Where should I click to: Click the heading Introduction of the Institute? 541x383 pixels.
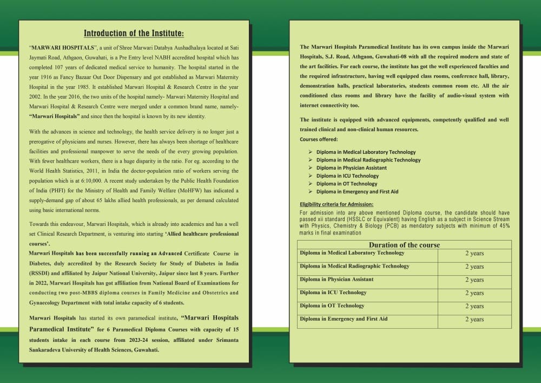pyautogui.click(x=134, y=34)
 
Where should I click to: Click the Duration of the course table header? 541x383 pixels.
pyautogui.click(x=404, y=245)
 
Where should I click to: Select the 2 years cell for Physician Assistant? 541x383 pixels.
pyautogui.click(x=474, y=280)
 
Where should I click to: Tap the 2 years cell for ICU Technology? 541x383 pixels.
pyautogui.click(x=474, y=293)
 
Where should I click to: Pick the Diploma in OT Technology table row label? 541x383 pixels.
pyautogui.click(x=332, y=306)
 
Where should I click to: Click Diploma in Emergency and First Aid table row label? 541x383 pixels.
pyautogui.click(x=344, y=319)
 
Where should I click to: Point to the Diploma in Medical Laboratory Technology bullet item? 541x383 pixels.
pyautogui.click(x=366, y=152)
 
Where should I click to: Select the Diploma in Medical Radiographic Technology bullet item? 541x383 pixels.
pyautogui.click(x=368, y=160)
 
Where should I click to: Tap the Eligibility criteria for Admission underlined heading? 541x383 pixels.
pyautogui.click(x=336, y=204)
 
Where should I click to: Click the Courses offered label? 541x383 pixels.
pyautogui.click(x=319, y=139)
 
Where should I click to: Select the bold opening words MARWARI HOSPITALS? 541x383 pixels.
pyautogui.click(x=58, y=48)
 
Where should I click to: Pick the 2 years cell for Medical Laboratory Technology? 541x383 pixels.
pyautogui.click(x=474, y=254)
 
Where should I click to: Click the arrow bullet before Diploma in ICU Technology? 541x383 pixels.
pyautogui.click(x=310, y=176)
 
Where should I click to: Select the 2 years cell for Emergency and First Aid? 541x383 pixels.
pyautogui.click(x=474, y=319)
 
